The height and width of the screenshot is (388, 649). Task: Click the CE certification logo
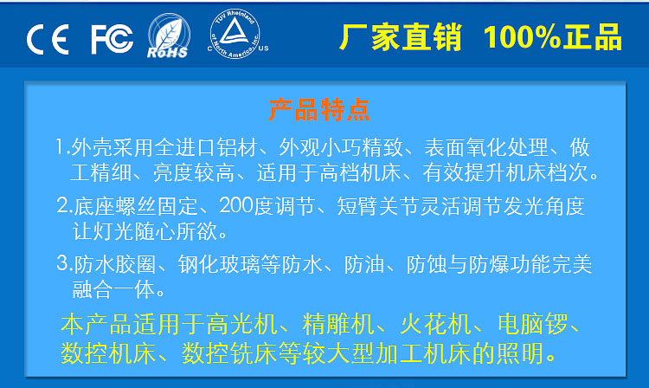(x=48, y=40)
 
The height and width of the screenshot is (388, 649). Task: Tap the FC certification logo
(x=112, y=39)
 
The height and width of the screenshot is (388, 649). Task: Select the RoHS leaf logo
(x=166, y=38)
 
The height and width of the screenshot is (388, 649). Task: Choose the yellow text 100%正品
(x=553, y=38)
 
